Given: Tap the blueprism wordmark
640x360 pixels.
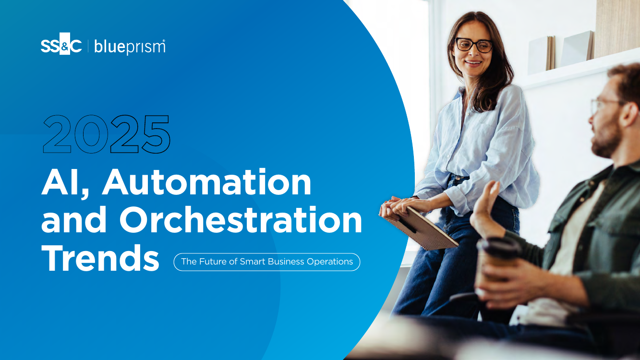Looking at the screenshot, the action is pos(130,47).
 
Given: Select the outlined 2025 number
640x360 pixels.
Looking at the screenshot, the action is pos(107,134).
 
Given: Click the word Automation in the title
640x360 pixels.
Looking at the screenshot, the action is pos(207,182).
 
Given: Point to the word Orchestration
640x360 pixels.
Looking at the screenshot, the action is pos(241,220).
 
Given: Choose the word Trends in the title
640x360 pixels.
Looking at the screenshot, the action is pos(100,258).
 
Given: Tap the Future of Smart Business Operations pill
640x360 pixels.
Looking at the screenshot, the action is pos(267,262).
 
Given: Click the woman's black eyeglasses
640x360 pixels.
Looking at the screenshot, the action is pos(474,45).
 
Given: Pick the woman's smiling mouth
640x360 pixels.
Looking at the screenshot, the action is pos(473,63).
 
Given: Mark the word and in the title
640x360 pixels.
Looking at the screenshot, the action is pos(74,220).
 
